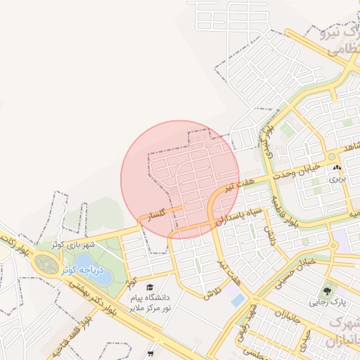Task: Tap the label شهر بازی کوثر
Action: (x=72, y=245)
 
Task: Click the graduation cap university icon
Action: (x=149, y=287)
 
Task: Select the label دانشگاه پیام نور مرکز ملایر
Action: (x=149, y=303)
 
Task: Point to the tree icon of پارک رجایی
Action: (x=326, y=290)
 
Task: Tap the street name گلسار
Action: (x=153, y=214)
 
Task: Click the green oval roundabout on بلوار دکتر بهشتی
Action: (x=47, y=264)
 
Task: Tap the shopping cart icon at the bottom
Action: (x=150, y=353)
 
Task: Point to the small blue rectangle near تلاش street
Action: (x=238, y=300)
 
